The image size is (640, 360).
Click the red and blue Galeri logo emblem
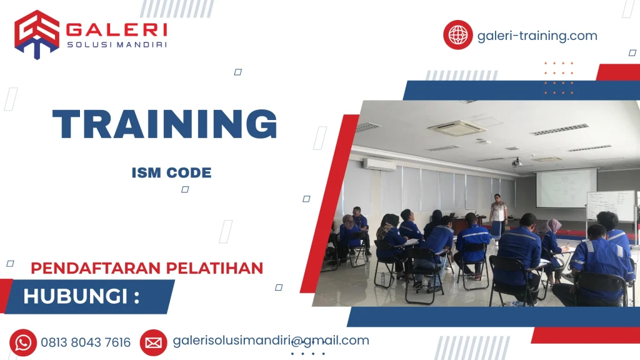point(37,34)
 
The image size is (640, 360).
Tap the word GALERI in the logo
point(116,29)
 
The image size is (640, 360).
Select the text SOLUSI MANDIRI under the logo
point(116,44)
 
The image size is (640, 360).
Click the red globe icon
point(458,35)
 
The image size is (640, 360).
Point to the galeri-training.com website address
point(537,36)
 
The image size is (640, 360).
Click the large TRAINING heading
point(164,124)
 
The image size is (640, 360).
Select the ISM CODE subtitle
point(171,173)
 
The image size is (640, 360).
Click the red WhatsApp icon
point(23,342)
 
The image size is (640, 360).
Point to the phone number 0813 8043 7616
point(86,342)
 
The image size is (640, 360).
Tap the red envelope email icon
point(153,342)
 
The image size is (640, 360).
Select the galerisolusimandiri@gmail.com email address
point(271,341)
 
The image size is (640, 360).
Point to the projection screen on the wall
point(566,188)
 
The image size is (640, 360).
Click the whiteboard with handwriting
point(610,206)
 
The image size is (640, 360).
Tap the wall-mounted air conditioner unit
point(379,164)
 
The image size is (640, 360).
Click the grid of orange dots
point(558,77)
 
